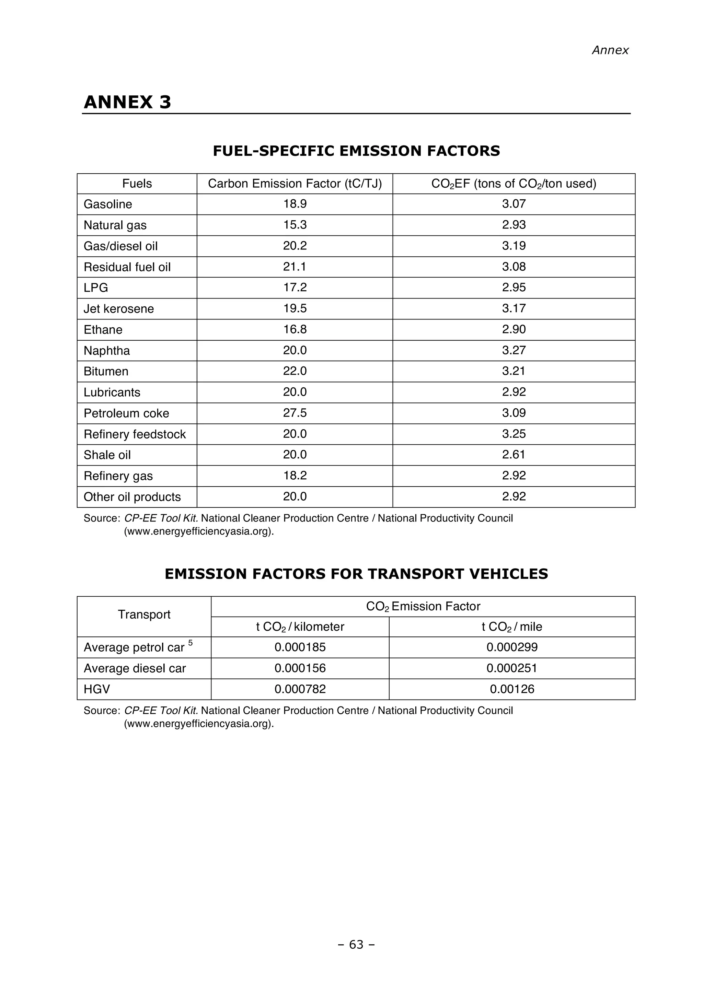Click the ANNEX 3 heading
[x=127, y=102]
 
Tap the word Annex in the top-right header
[x=610, y=50]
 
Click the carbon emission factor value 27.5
[x=295, y=412]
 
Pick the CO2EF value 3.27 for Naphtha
[x=514, y=350]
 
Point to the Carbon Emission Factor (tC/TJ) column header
[x=295, y=184]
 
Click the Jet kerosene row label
[x=119, y=309]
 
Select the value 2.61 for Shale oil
[x=514, y=454]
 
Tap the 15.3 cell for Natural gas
[x=295, y=225]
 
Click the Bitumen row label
[x=106, y=371]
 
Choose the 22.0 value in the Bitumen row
[x=295, y=371]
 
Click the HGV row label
[x=96, y=689]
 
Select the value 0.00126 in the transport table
[x=512, y=689]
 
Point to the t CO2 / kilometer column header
[x=300, y=627]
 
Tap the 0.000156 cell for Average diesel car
[x=300, y=668]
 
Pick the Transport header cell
[x=144, y=614]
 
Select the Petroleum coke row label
[x=126, y=413]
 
